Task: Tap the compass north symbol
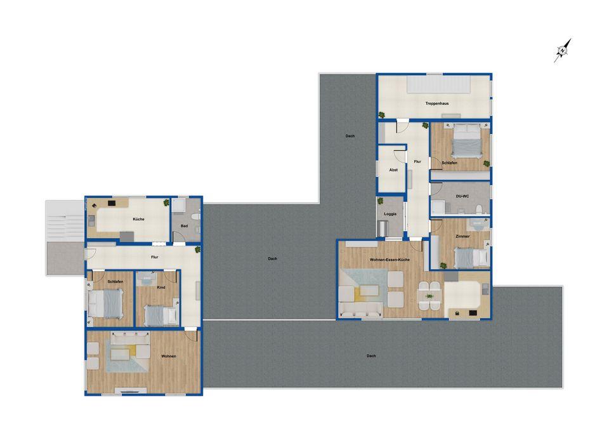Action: click(563, 50)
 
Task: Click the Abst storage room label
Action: click(393, 171)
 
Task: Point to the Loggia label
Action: click(390, 214)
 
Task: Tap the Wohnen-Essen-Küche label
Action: click(389, 260)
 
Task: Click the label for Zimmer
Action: click(462, 236)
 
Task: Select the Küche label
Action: click(138, 219)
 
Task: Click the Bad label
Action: click(184, 225)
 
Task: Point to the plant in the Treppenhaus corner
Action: click(382, 115)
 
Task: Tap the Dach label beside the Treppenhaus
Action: click(350, 136)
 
